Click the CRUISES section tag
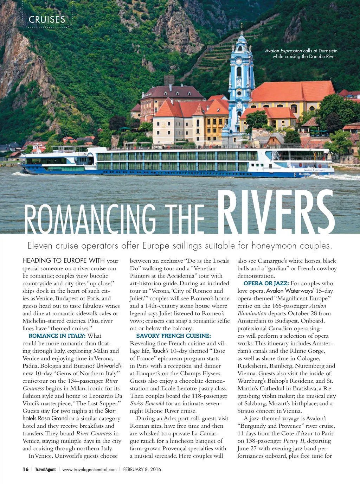click(x=47, y=20)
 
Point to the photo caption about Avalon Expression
click(x=301, y=53)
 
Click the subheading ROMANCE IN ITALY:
click(x=57, y=336)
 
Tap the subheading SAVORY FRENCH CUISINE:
click(x=173, y=336)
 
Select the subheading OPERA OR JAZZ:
click(x=266, y=284)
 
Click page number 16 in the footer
click(x=26, y=469)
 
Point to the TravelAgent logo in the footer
click(x=45, y=469)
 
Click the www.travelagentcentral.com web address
click(x=89, y=469)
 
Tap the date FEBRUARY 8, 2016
click(x=142, y=469)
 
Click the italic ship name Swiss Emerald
click(x=147, y=403)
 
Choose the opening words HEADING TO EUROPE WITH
click(x=63, y=261)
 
